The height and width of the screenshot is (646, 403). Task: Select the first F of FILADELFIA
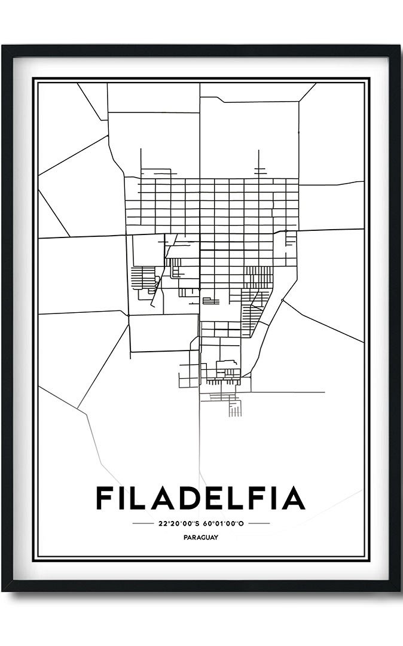(x=106, y=498)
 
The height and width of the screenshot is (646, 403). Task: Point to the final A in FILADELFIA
(x=293, y=498)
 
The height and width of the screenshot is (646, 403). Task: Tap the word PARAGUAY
(x=201, y=537)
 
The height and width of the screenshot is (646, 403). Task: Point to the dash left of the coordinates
(x=143, y=523)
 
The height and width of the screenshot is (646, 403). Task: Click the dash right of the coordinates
(x=258, y=523)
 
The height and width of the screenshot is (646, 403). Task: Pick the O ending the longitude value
(x=242, y=523)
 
